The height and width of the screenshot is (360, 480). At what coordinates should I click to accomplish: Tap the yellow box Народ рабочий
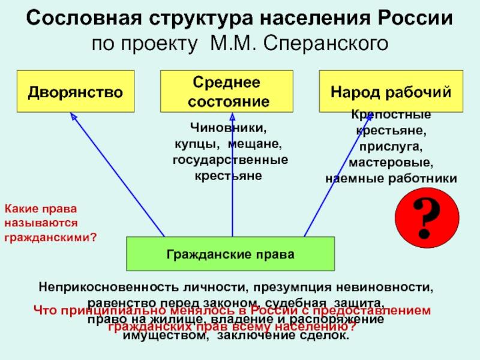click(x=391, y=92)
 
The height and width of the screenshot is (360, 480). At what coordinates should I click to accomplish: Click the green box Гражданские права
click(x=230, y=254)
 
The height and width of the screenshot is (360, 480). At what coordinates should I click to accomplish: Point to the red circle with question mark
click(x=427, y=216)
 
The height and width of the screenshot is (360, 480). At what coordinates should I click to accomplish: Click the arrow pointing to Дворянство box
click(x=117, y=174)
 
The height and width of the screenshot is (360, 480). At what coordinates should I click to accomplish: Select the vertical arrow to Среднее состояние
click(x=232, y=174)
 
